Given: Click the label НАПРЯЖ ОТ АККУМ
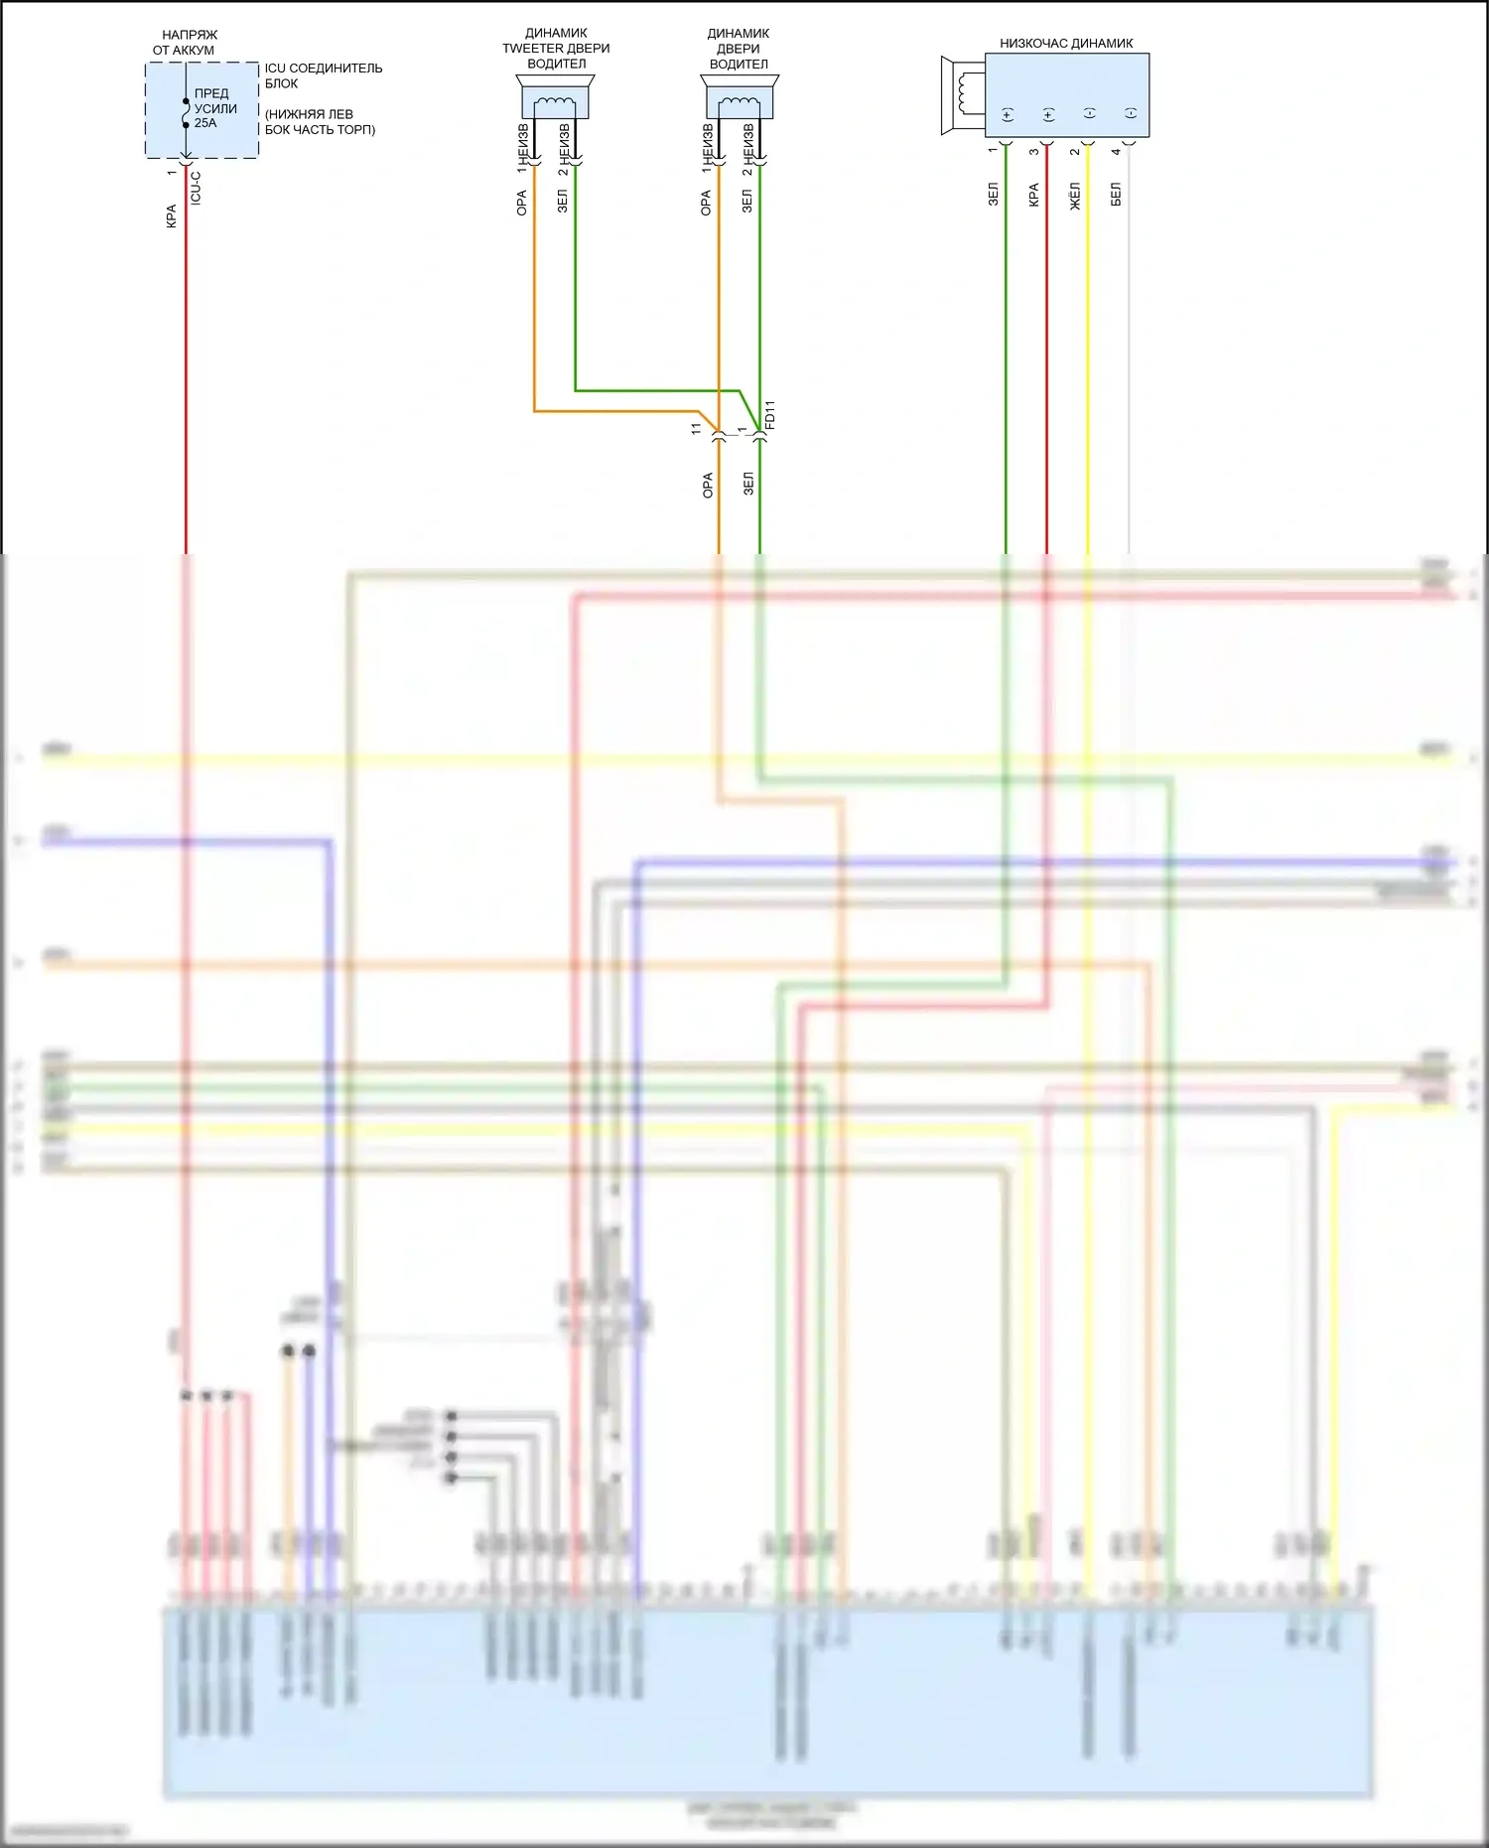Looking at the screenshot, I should click(x=186, y=42).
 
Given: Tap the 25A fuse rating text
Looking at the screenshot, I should click(x=205, y=123).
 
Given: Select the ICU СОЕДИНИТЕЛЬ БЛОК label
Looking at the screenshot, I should click(x=323, y=75).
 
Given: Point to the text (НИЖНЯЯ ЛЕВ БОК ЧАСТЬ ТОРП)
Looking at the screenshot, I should click(x=320, y=122).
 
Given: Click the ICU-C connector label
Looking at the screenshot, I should click(x=196, y=188).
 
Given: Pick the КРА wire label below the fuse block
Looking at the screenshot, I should click(x=171, y=216).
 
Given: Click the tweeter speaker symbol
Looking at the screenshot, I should click(x=555, y=98).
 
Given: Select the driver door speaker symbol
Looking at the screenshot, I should click(x=740, y=98).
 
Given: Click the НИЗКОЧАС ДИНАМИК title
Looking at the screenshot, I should click(x=1066, y=44).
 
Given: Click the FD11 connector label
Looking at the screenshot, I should click(x=770, y=415).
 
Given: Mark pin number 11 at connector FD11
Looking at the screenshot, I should click(x=696, y=428).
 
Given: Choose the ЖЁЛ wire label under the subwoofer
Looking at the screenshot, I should click(x=1075, y=196).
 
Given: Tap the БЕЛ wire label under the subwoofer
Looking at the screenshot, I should click(x=1116, y=195).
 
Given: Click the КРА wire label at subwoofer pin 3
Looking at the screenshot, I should click(x=1033, y=195).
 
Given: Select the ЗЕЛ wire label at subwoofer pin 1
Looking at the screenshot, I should click(x=993, y=195).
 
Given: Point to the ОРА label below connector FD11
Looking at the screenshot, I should click(x=707, y=485).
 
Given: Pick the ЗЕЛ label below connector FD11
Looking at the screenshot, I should click(x=748, y=484).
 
